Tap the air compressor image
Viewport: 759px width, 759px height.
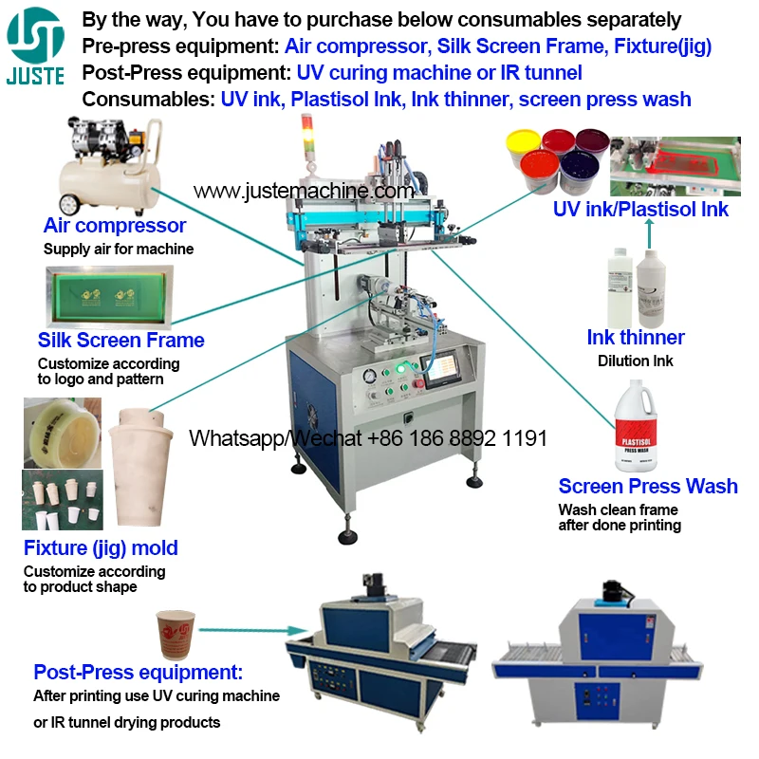[x=104, y=166]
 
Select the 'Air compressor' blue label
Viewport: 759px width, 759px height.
[x=115, y=226]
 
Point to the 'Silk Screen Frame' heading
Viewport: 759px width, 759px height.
[x=120, y=340]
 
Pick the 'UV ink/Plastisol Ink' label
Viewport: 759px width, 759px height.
[x=640, y=210]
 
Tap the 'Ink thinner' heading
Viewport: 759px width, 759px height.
[x=636, y=338]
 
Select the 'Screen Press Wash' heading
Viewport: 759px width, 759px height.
[x=648, y=486]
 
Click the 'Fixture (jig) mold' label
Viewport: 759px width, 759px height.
[x=101, y=547]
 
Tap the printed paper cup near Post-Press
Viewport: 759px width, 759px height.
[x=176, y=633]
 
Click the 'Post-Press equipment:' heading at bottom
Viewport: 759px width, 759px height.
[x=139, y=673]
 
